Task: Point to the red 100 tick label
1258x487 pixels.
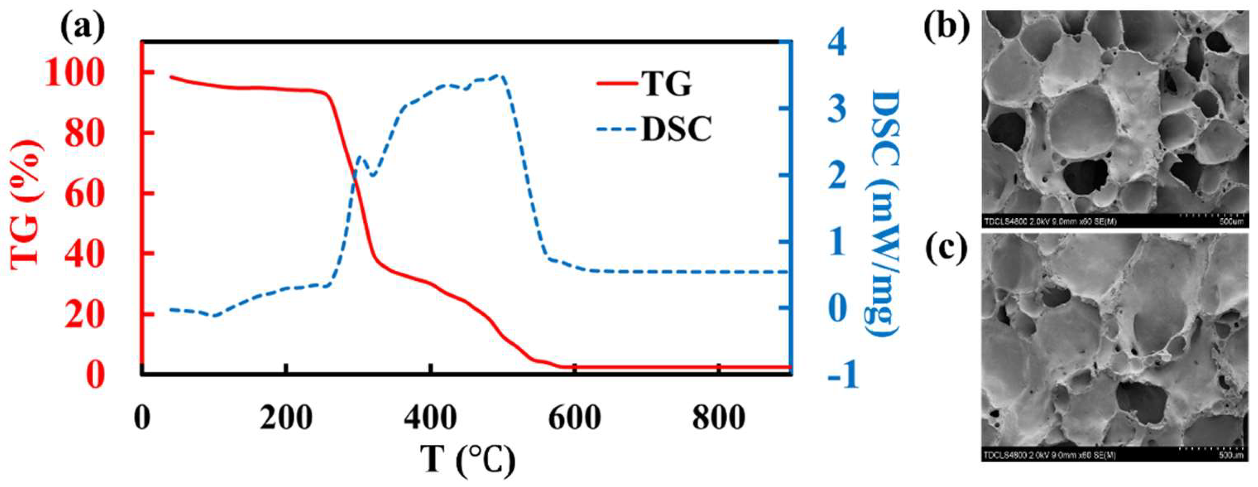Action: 74,74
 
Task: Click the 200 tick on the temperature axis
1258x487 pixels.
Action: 286,419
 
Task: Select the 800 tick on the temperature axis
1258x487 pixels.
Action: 718,419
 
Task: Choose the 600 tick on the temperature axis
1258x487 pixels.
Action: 575,419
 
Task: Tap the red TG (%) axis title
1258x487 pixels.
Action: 26,204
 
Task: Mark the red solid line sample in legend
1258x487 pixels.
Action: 616,84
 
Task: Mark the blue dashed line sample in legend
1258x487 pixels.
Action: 616,129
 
